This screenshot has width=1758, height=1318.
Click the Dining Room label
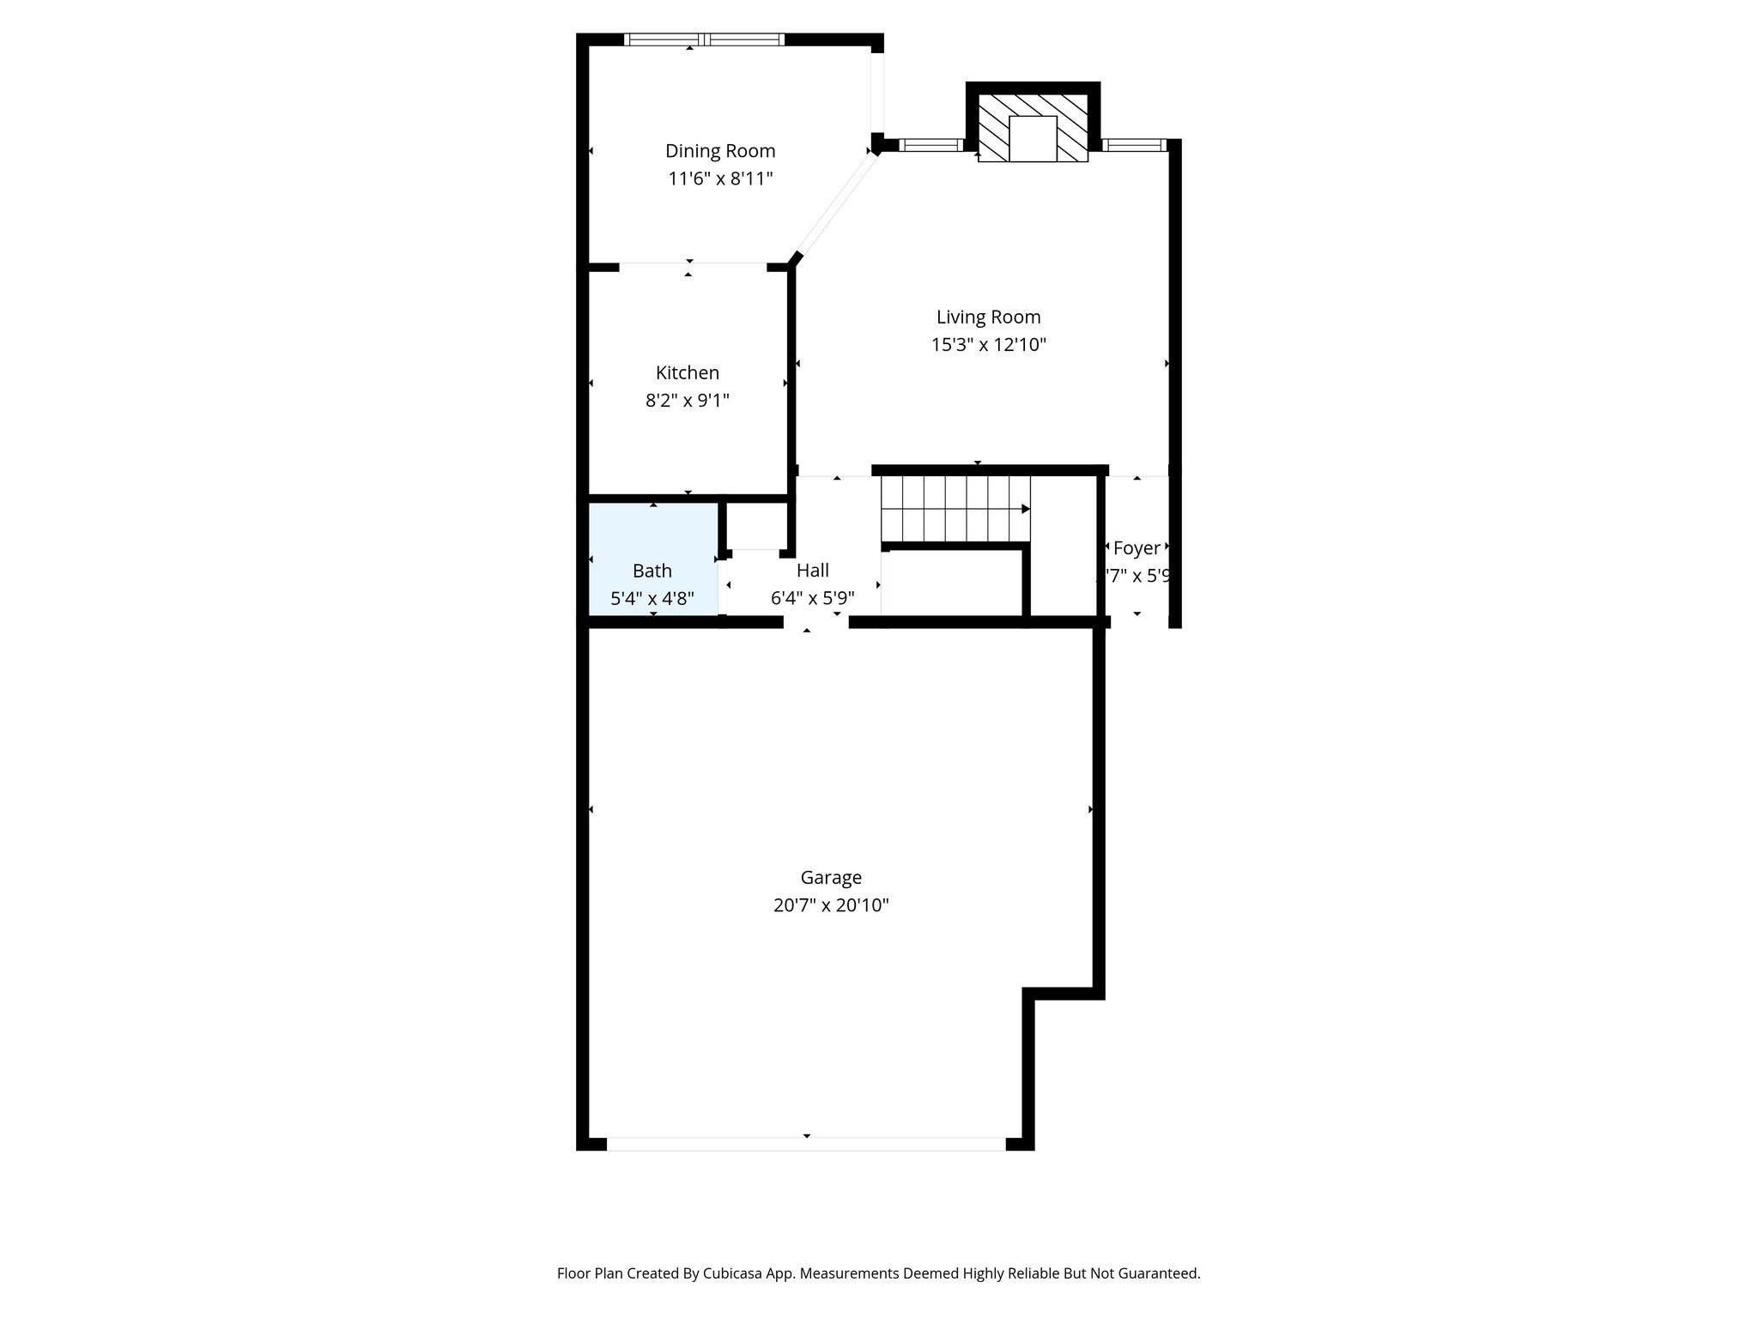coord(720,151)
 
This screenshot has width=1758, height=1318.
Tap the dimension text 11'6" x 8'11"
coord(720,179)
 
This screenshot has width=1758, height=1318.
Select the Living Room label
coord(988,317)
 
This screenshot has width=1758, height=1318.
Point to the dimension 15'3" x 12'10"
coord(988,345)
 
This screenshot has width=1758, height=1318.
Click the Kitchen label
coord(687,372)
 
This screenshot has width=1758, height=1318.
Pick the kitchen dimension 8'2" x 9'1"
coord(687,401)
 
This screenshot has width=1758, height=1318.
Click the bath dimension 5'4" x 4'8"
coord(652,598)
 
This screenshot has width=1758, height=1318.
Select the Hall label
coord(812,571)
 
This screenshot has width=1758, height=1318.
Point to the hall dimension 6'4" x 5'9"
coord(812,598)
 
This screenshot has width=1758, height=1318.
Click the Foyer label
coord(1137,548)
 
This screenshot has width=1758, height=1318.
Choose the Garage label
coord(830,878)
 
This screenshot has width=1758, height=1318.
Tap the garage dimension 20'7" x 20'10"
coord(830,905)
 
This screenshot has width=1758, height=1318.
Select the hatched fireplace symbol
coord(992,128)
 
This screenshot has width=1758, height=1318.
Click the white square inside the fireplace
coord(1033,138)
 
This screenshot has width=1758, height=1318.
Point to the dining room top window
coord(704,39)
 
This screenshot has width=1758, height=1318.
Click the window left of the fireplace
coord(931,145)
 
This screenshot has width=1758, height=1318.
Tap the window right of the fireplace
coord(1134,145)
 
